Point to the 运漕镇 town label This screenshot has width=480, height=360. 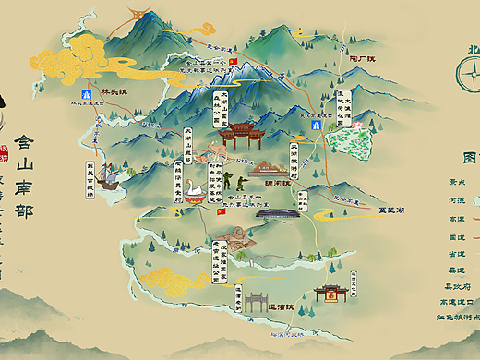tap(274, 306)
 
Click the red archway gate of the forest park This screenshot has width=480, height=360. tap(240, 135)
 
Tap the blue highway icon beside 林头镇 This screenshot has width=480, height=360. tap(86, 94)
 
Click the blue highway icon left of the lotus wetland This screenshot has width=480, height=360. tap(316, 123)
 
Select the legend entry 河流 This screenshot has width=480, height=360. tap(458, 198)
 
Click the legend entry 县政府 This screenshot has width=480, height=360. tap(458, 285)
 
